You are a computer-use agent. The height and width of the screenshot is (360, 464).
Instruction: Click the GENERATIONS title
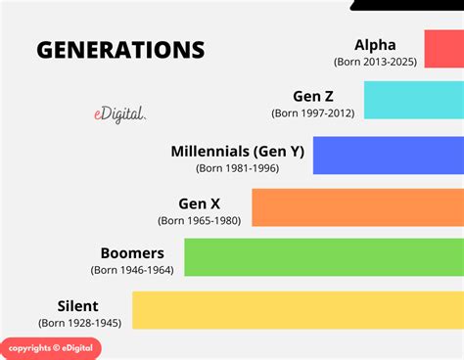pyautogui.click(x=120, y=50)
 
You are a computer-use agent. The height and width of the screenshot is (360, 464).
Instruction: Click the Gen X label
pyautogui.click(x=199, y=202)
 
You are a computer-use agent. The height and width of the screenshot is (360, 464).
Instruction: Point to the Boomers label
pyautogui.click(x=131, y=252)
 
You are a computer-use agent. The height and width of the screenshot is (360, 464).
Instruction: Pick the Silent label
pyautogui.click(x=78, y=304)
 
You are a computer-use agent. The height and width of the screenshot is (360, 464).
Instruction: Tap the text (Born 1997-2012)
pyautogui.click(x=312, y=113)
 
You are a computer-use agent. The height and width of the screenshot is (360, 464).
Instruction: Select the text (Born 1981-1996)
pyautogui.click(x=237, y=168)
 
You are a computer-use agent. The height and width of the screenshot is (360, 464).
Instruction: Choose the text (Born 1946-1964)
pyautogui.click(x=132, y=270)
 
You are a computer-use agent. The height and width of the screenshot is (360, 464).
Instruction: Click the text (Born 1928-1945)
pyautogui.click(x=80, y=322)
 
